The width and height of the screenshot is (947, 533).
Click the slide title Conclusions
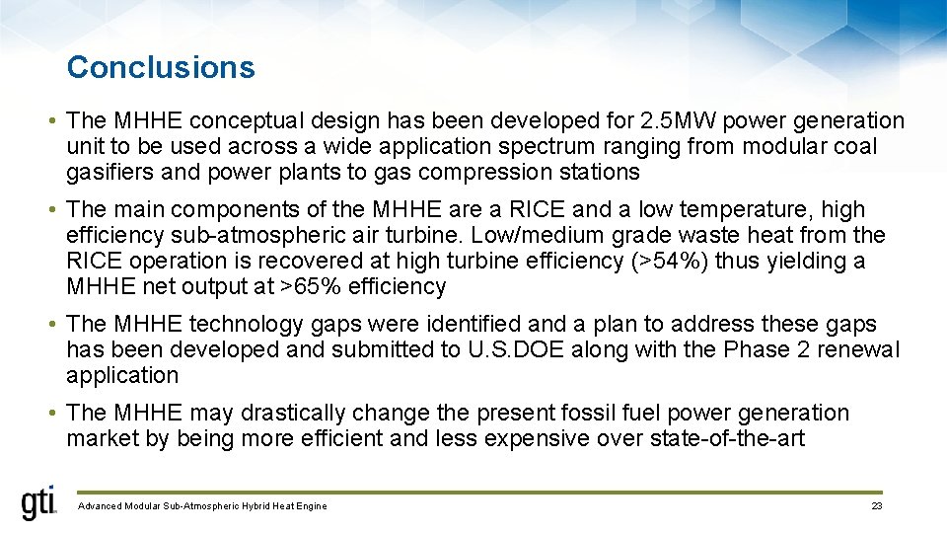point(161,67)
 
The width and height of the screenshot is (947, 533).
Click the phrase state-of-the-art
point(728,438)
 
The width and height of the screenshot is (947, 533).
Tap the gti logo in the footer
point(39,503)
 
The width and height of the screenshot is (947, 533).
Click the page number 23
point(876,506)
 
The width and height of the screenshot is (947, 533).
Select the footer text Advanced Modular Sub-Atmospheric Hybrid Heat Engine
point(202,506)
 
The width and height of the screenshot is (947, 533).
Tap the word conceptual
point(246,120)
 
